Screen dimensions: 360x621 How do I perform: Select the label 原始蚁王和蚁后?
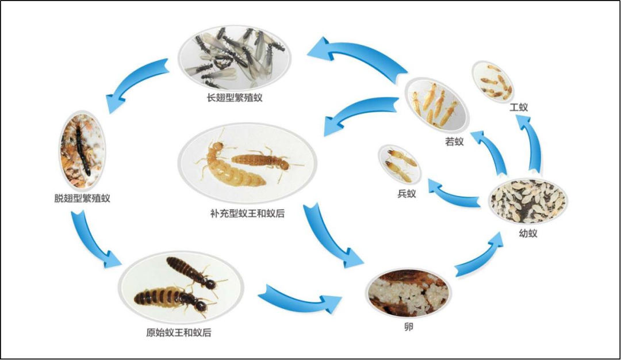[174, 332]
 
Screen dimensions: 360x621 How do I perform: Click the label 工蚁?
[519, 107]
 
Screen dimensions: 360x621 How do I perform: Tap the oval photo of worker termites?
[493, 82]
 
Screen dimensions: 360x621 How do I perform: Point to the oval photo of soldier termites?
[399, 164]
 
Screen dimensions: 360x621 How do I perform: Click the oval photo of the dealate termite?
[81, 151]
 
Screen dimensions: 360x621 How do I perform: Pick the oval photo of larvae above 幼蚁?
[528, 201]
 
